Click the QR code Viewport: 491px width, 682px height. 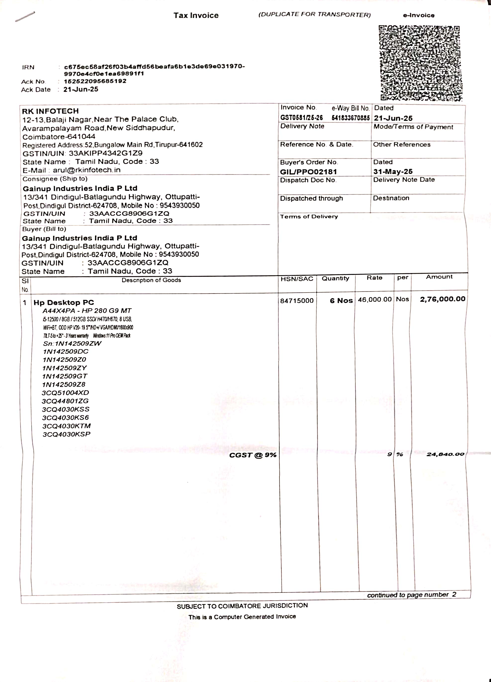(420, 63)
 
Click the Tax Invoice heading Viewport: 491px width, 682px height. (196, 16)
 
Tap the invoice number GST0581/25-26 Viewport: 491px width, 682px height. (301, 117)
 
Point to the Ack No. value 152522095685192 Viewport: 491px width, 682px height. (95, 81)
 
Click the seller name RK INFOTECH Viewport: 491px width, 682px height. (50, 111)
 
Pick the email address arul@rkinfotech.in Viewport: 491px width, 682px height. (87, 170)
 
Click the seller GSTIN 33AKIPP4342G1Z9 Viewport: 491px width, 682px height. (106, 153)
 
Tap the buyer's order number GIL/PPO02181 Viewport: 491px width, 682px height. (308, 172)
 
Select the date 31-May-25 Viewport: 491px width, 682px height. (393, 171)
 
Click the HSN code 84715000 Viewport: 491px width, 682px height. (297, 301)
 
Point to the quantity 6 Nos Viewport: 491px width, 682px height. (341, 301)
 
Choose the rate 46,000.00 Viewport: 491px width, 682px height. (374, 300)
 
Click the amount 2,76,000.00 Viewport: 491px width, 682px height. (443, 299)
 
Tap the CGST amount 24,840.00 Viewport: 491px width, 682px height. (445, 454)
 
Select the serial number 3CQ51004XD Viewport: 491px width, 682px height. (65, 393)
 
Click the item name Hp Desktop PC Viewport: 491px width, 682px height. (64, 303)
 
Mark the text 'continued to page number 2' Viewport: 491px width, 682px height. (411, 595)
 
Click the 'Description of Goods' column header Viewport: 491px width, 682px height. (151, 280)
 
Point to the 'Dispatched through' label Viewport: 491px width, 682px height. (311, 198)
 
